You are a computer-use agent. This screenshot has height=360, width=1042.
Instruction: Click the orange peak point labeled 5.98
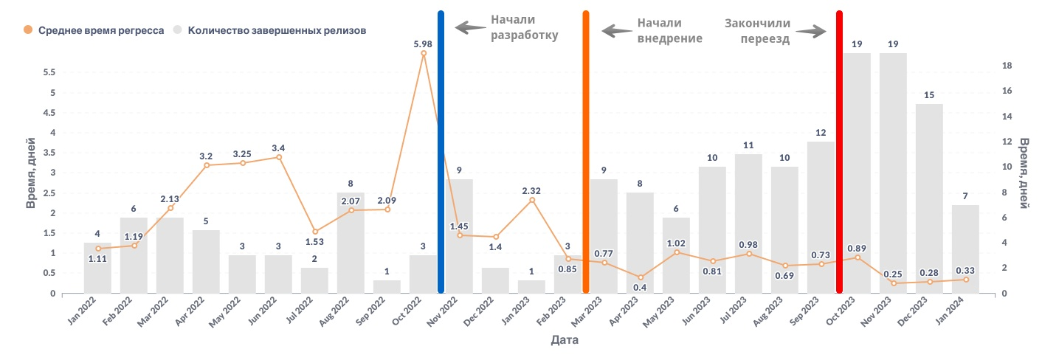click(424, 53)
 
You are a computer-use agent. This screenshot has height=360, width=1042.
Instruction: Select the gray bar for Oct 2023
click(857, 173)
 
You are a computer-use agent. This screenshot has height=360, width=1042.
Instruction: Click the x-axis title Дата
click(565, 341)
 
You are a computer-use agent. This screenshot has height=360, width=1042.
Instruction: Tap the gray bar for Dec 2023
click(929, 198)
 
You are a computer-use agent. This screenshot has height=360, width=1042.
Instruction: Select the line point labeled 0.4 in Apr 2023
click(641, 277)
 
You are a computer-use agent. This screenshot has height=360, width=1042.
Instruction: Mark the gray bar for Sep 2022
click(387, 286)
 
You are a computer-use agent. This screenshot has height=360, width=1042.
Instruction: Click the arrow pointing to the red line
click(810, 32)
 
